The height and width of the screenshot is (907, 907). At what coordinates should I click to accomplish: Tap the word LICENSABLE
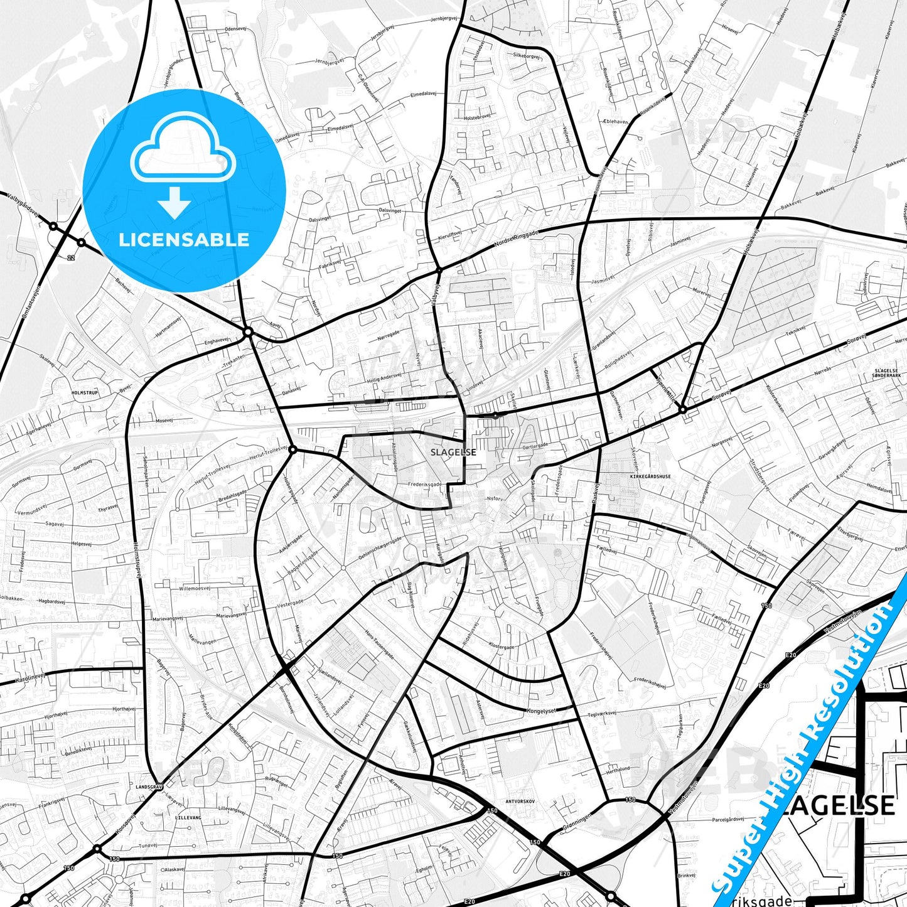coord(184,240)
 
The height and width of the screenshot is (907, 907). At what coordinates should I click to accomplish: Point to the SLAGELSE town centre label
coord(453,452)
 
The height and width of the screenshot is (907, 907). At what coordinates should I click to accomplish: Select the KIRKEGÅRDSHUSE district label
coord(650,476)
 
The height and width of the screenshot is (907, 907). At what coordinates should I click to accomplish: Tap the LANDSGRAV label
coord(149,786)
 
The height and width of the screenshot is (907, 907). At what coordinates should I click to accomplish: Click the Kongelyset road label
coord(541,711)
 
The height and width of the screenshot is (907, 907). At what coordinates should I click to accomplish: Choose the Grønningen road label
coord(576,822)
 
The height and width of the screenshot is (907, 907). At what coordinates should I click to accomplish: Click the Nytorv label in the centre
coord(495,498)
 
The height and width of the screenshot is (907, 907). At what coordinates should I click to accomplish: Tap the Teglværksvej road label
coord(601,712)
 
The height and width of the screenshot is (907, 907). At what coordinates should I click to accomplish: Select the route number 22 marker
coord(72,257)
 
